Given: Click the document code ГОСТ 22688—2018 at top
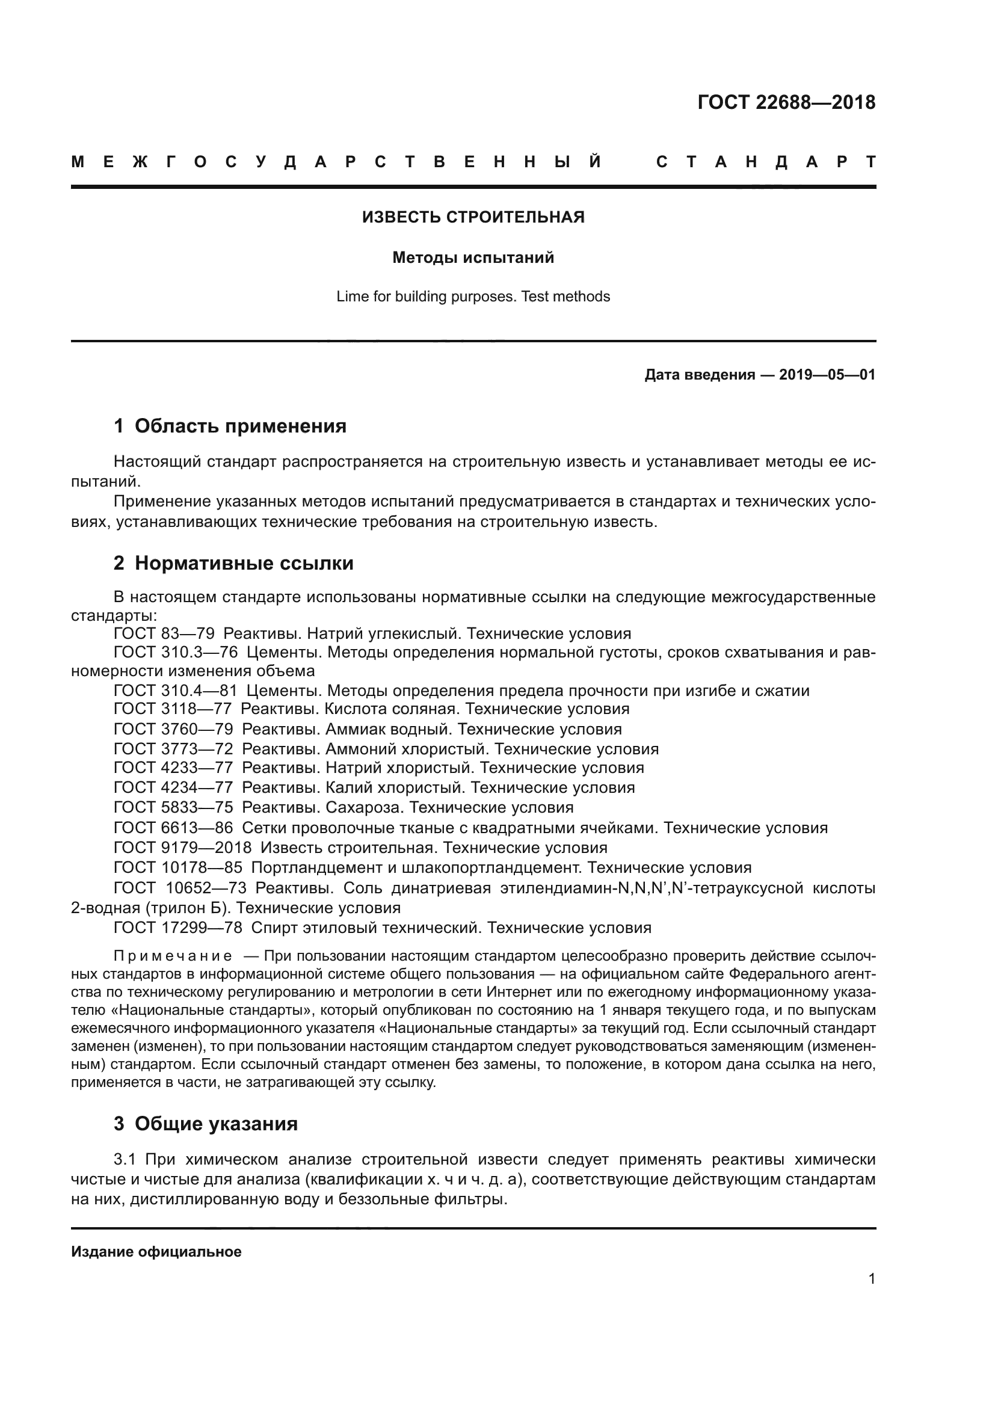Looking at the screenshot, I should pos(786,102).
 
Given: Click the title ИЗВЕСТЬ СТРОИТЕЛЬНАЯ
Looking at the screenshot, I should pos(473,217).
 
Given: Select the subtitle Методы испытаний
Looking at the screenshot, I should pos(473,258).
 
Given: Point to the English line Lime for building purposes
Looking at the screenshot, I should pos(473,297).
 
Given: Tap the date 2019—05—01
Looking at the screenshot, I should pos(827,374).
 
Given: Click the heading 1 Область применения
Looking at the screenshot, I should pos(230,426).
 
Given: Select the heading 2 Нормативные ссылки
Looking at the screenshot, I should pos(233,563).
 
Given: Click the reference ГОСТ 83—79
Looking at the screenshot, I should pos(164,633).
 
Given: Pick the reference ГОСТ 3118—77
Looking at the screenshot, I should pos(172,709).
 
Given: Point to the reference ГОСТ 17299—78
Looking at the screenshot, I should pos(177,928).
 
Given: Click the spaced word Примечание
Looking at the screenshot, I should pos(173,956).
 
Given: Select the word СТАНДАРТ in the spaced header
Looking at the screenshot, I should pos(766,162).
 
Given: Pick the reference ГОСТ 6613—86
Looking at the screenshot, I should pos(173,828).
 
